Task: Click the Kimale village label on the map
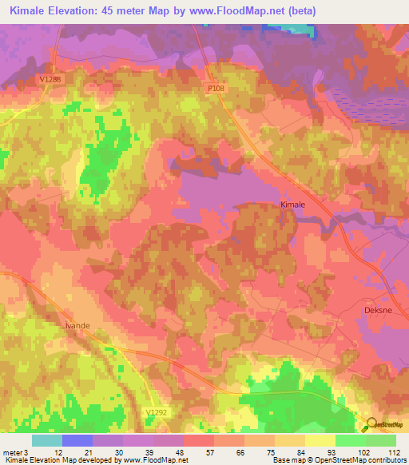click(293, 205)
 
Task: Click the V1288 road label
click(48, 79)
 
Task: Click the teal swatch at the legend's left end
click(47, 440)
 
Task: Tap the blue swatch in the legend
click(77, 440)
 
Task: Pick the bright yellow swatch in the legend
click(320, 440)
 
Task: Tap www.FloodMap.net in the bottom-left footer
click(153, 461)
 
